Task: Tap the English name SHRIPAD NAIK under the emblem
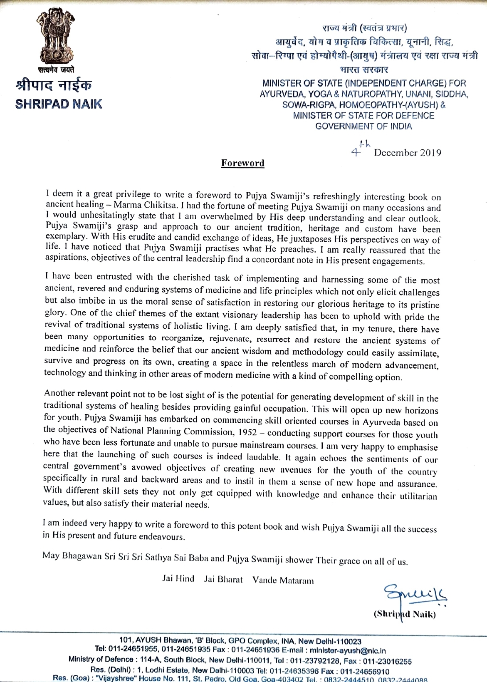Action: click(x=58, y=104)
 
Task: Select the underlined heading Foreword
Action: click(x=242, y=163)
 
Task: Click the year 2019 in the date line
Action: click(x=430, y=153)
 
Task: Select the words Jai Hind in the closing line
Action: click(x=178, y=579)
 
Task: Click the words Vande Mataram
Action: click(x=283, y=580)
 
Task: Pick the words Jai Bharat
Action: click(x=223, y=580)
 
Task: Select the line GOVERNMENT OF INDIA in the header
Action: click(x=363, y=126)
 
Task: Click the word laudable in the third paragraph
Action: click(x=259, y=457)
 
